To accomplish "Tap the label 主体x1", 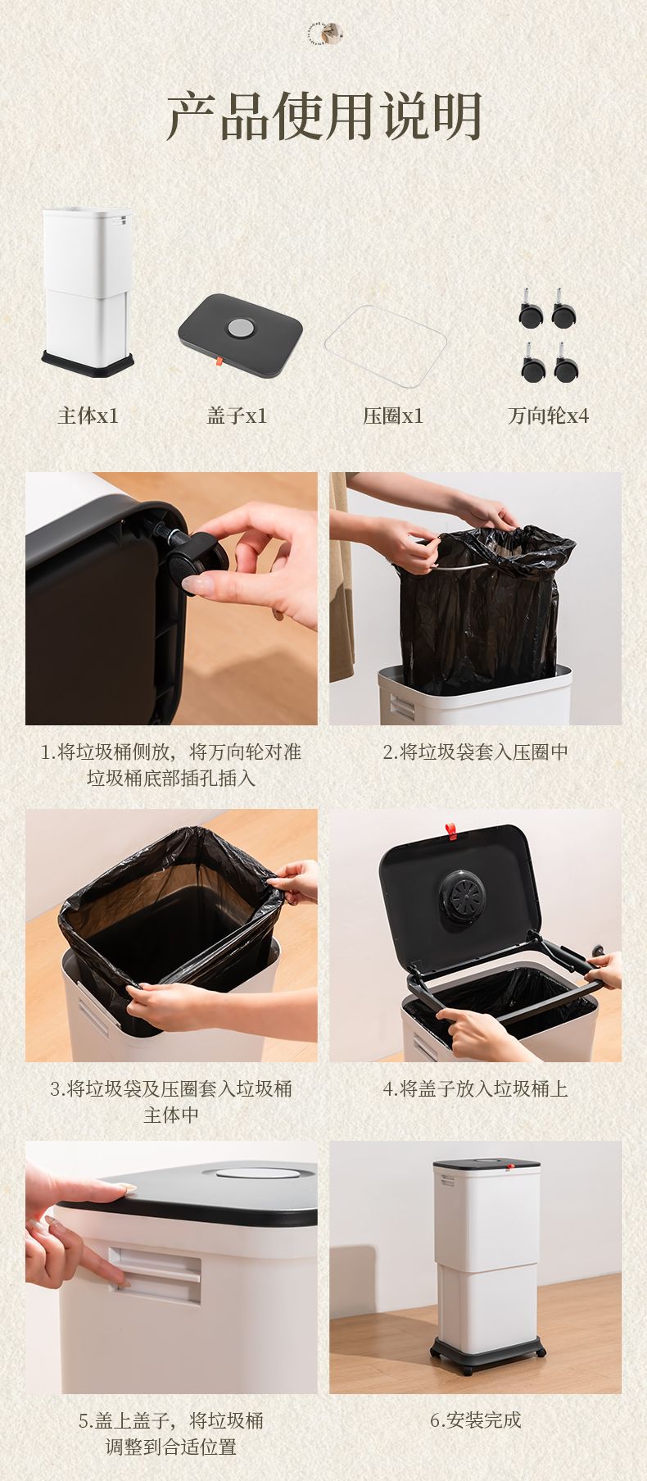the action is [x=88, y=416].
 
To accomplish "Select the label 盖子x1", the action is [x=237, y=416].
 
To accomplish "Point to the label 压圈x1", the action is [x=393, y=416].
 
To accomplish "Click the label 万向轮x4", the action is [x=548, y=416].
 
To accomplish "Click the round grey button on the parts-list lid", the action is [x=240, y=327].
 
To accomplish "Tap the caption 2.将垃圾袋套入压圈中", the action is [x=475, y=752].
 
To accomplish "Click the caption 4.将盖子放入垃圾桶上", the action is [x=475, y=1088].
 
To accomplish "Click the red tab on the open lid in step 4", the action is [x=450, y=832].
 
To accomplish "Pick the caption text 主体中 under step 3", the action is [x=171, y=1115].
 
